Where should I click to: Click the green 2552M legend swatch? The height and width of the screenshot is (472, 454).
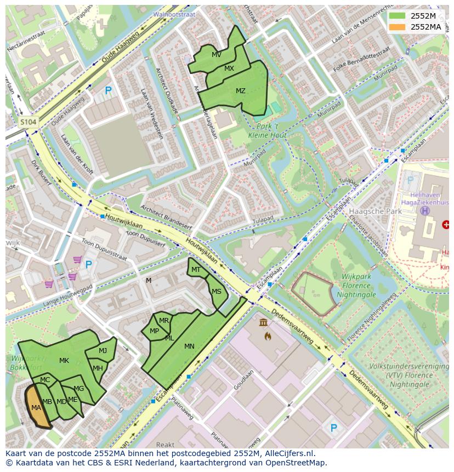click(x=398, y=16)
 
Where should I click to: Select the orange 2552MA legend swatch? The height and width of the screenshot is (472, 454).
click(x=398, y=27)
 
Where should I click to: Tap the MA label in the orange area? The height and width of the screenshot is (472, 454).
click(x=36, y=408)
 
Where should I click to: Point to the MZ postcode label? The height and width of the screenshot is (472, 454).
click(x=240, y=91)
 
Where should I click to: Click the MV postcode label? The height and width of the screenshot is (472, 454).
click(x=217, y=55)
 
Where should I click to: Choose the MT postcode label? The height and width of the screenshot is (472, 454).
click(x=196, y=270)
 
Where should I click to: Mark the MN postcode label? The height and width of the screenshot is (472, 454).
click(x=189, y=346)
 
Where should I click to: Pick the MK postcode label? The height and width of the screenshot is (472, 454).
click(x=64, y=361)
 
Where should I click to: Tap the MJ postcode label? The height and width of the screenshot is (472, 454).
click(x=103, y=351)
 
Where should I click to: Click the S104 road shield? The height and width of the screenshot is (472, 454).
click(x=28, y=122)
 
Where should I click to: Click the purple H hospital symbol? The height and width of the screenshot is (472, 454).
click(x=424, y=211)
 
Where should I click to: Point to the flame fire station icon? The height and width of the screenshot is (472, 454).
click(x=267, y=335)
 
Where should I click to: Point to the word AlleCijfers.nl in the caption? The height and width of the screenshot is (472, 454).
click(x=288, y=453)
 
